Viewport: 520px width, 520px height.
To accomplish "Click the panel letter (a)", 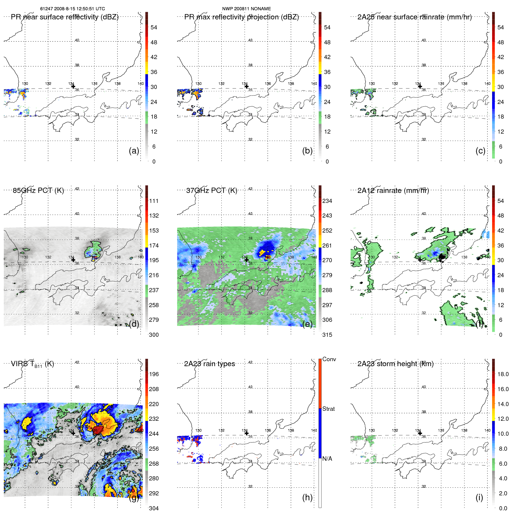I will click(x=134, y=151).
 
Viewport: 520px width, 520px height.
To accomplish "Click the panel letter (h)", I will click(x=307, y=497).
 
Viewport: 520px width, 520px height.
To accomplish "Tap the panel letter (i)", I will click(x=479, y=497).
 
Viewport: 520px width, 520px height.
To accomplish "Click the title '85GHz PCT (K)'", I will click(x=38, y=190).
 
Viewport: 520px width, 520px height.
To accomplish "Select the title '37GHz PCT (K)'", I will click(x=211, y=190).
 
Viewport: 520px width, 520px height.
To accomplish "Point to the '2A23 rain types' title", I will click(x=209, y=364).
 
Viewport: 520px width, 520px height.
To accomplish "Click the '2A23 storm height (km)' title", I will click(x=395, y=364).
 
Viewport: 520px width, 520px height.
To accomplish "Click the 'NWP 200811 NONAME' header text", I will click(x=246, y=9).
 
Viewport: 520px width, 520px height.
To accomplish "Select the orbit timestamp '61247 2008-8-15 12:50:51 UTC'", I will click(x=73, y=9).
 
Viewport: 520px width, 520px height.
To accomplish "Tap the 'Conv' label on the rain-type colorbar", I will click(x=329, y=359).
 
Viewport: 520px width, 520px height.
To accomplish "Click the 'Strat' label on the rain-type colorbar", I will click(x=328, y=409).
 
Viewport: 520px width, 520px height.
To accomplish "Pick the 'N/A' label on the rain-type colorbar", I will click(x=327, y=459).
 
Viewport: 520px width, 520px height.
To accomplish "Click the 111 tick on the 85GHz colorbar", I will click(x=154, y=201).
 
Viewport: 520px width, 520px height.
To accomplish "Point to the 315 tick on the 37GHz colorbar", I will click(x=327, y=335).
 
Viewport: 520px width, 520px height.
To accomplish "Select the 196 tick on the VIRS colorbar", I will click(x=154, y=374).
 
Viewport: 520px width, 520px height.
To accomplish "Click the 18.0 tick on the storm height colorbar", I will click(x=503, y=374).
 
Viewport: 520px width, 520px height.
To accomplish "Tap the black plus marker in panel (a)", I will click(x=73, y=86).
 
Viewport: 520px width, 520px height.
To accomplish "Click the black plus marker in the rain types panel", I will click(x=246, y=433).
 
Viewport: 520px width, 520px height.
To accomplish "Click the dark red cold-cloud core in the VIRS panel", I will click(x=98, y=430).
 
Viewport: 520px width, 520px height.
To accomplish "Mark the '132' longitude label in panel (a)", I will click(x=48, y=84).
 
